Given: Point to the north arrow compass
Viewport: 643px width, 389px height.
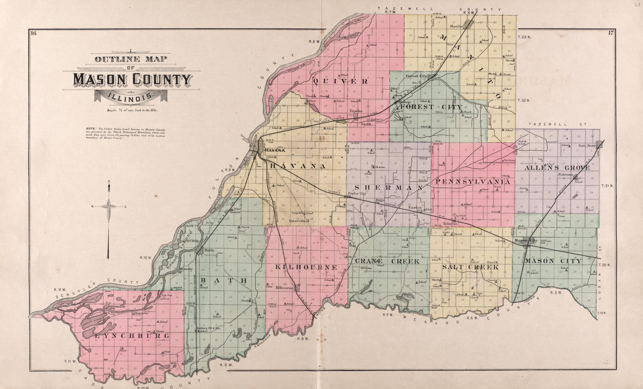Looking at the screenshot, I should pos(109,206).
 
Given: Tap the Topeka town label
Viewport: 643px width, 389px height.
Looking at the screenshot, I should pos(356,111).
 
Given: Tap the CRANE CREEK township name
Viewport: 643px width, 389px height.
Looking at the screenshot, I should pos(387,261).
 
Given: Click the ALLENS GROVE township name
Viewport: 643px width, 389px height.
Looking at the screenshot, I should pos(557,168).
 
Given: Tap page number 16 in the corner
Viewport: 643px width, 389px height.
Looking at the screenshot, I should pos(33,33).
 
